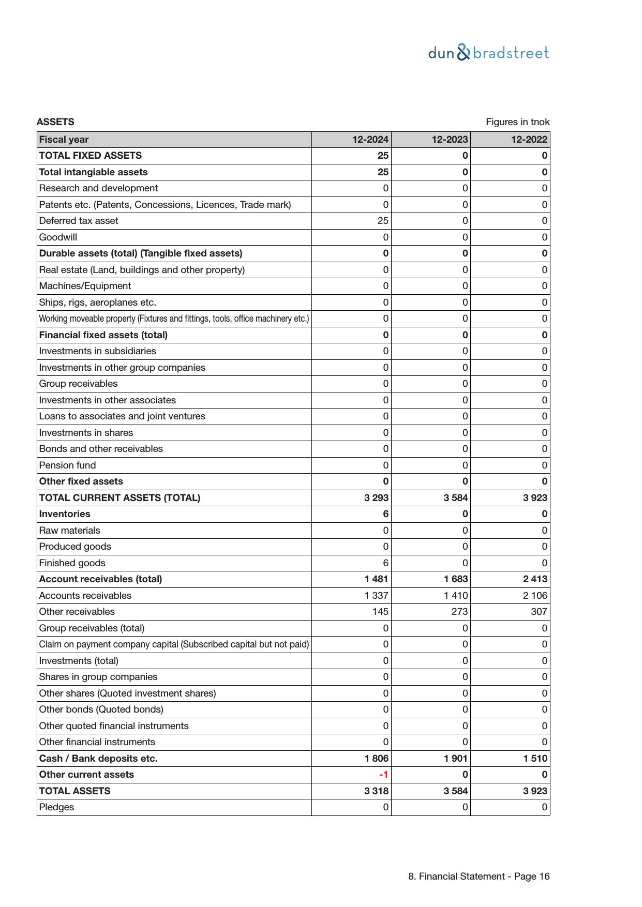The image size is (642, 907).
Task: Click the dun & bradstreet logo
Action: click(488, 53)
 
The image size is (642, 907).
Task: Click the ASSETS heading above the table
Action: click(55, 122)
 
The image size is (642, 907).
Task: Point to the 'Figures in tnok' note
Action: click(517, 122)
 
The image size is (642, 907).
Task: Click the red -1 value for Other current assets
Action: click(383, 775)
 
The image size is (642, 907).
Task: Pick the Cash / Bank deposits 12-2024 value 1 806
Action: click(376, 759)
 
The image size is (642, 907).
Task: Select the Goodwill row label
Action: click(58, 237)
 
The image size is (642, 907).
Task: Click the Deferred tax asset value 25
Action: click(382, 221)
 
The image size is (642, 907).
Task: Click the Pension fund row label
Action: click(67, 465)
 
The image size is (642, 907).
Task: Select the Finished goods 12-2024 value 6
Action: click(385, 563)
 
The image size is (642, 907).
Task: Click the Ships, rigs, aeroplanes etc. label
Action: click(97, 303)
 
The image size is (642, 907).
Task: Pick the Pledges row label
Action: click(56, 807)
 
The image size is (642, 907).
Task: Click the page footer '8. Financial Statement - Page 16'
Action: click(479, 876)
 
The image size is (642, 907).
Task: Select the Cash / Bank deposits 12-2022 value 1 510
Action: click(535, 759)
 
